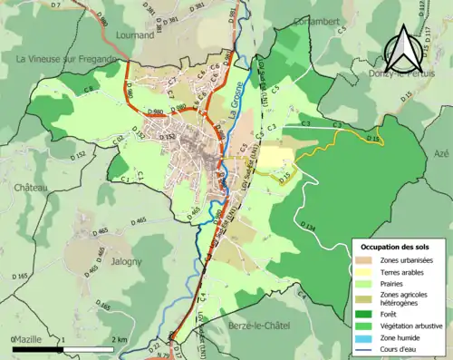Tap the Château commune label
click(31, 187)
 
